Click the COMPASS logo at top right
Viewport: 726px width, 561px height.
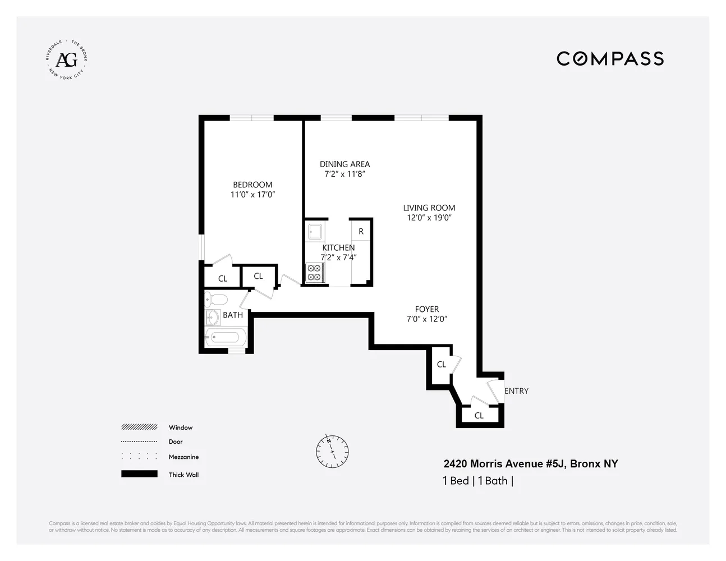[610, 58]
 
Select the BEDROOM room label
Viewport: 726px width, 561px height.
[252, 185]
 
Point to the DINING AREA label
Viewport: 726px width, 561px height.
[344, 164]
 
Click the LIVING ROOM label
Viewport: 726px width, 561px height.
[429, 208]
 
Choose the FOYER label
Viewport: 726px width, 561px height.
[427, 309]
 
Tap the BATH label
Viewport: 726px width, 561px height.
[233, 315]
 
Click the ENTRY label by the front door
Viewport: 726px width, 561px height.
[516, 391]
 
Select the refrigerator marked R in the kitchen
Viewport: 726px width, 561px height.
[361, 231]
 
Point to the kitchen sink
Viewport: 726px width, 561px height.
[314, 232]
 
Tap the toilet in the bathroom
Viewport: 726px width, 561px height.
[215, 298]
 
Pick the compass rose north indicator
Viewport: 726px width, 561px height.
[332, 451]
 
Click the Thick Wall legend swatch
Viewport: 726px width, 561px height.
[139, 474]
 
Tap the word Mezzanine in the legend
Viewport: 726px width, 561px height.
[183, 457]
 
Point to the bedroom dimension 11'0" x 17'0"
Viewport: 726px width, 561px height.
[252, 195]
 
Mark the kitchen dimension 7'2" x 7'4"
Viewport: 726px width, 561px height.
[338, 257]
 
